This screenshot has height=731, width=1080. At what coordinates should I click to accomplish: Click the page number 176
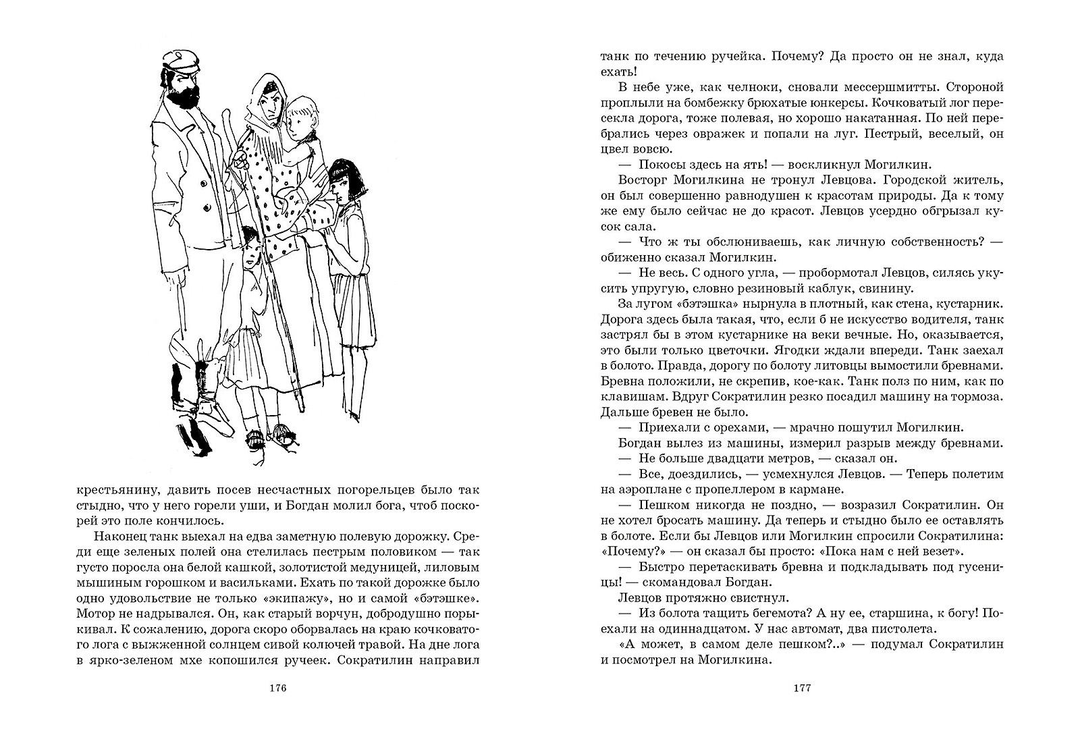pyautogui.click(x=279, y=688)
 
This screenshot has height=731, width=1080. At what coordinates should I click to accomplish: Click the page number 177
pyautogui.click(x=801, y=688)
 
